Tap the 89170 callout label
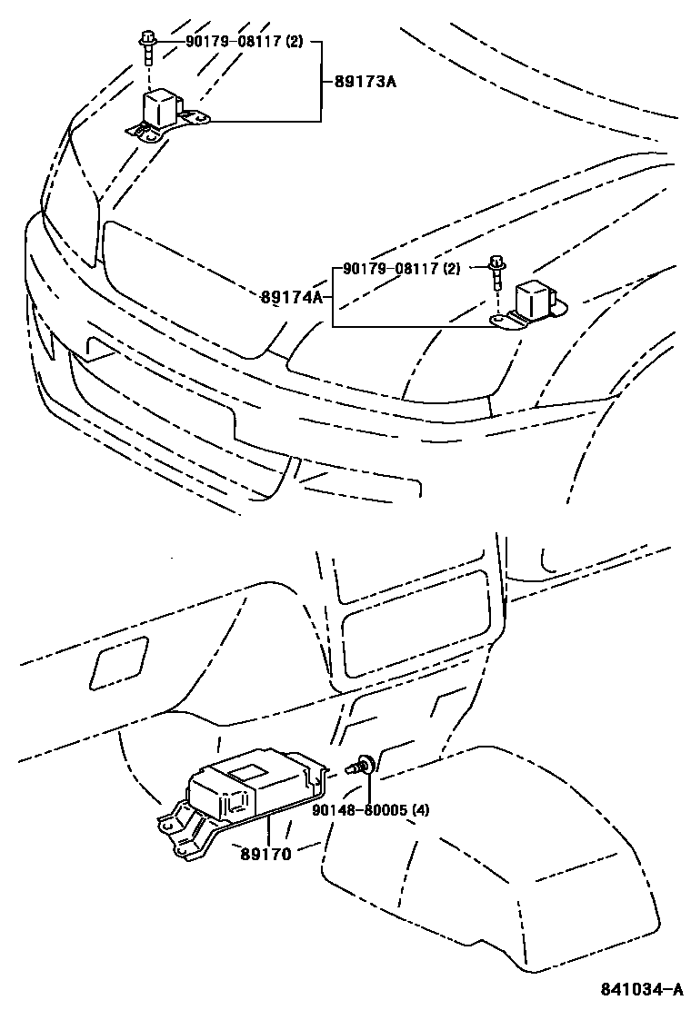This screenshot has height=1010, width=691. coord(266,854)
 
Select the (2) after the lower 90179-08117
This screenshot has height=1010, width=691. coord(451,269)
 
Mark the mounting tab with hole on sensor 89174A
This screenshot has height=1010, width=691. coord(502,320)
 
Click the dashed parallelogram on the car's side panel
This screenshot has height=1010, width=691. coord(118,660)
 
